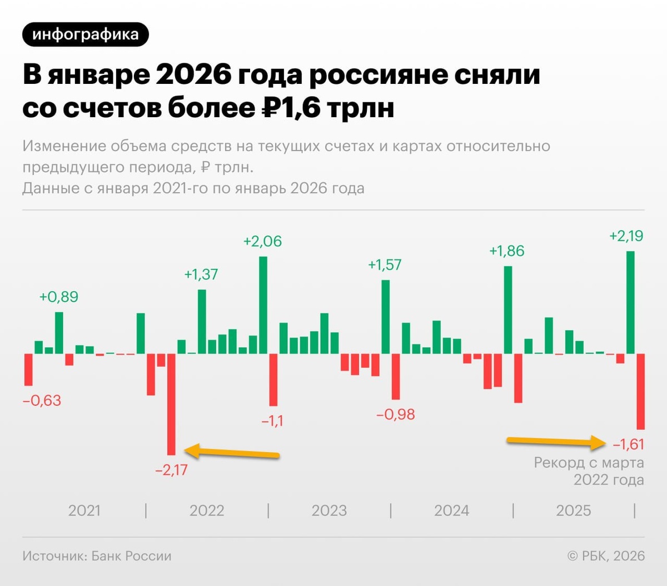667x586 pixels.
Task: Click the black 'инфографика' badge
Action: point(86,34)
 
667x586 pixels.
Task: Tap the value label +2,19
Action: point(626,236)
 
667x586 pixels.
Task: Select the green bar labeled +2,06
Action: point(263,305)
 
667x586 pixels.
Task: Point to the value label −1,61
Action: point(628,444)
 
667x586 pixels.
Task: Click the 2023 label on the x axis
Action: point(329,510)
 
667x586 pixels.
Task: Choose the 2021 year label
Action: point(84,510)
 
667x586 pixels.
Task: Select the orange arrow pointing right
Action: point(556,442)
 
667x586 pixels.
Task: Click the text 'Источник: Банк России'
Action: point(97,556)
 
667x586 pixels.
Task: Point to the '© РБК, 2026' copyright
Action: point(606,556)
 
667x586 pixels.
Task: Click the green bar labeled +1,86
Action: point(508,310)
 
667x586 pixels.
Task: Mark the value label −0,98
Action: point(396,414)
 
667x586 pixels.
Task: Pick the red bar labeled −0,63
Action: point(28,369)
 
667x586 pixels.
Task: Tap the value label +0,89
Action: point(58,297)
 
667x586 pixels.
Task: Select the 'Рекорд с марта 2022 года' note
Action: point(589,471)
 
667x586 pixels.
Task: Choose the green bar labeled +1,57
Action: point(386,317)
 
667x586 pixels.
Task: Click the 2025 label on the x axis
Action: point(574,510)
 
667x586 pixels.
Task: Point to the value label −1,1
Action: point(272,421)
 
